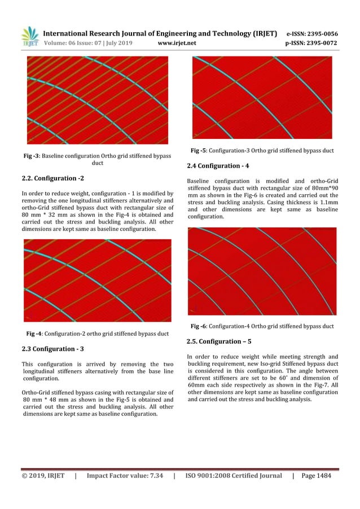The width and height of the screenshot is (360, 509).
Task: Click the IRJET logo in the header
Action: tap(30, 37)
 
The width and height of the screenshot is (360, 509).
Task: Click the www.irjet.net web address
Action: tap(177, 42)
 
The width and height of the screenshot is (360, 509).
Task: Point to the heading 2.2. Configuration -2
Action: tap(52, 178)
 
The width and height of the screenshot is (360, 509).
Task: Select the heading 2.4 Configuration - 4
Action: tap(217, 166)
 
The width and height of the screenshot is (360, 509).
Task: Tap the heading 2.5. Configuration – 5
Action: tap(219, 341)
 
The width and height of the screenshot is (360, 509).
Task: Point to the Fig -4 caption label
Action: tap(36, 334)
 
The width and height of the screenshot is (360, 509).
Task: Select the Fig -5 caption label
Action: tap(198, 151)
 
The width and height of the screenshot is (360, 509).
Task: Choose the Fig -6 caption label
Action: tap(198, 326)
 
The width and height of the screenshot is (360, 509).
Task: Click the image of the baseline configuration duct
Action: tap(97, 100)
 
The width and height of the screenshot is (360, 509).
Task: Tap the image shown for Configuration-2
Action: tap(97, 280)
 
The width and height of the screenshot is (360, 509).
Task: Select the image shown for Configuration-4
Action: tap(262, 271)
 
